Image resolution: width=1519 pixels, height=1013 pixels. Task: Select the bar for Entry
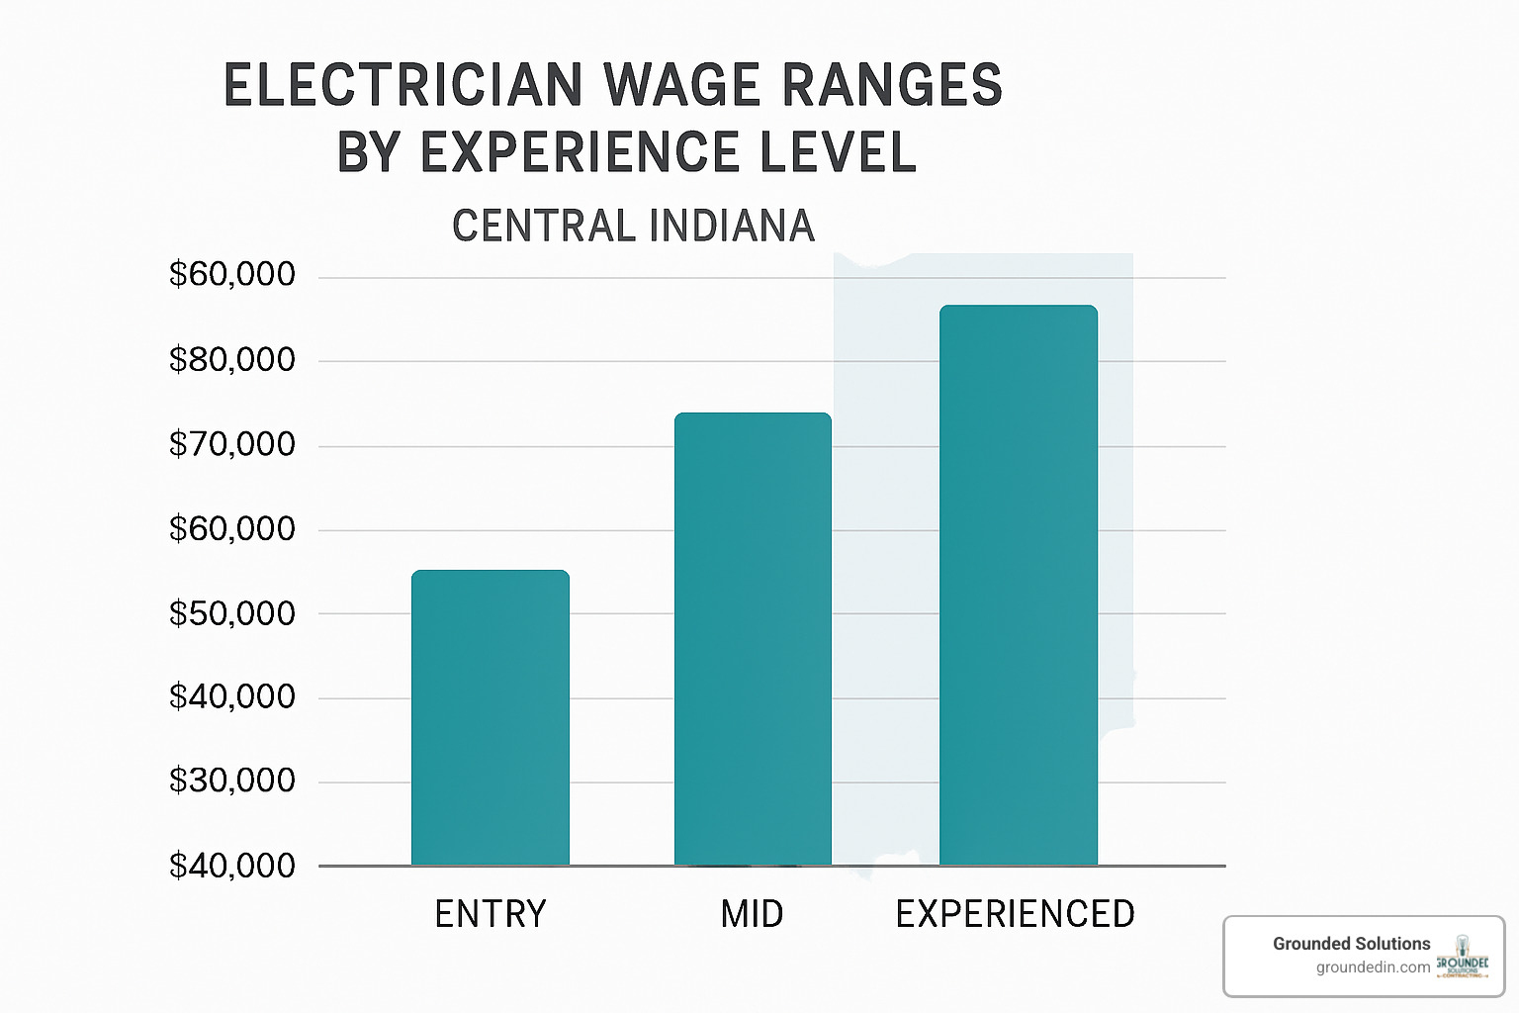(x=490, y=717)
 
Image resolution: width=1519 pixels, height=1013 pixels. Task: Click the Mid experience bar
(x=753, y=638)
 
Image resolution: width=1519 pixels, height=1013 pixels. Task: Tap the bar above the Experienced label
(x=1018, y=585)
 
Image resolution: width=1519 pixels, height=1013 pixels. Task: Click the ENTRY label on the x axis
(x=491, y=914)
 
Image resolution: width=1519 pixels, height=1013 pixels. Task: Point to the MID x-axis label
(x=753, y=914)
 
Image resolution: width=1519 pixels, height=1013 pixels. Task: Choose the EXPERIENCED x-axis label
(x=1016, y=914)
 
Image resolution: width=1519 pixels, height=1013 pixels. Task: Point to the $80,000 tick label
(x=232, y=360)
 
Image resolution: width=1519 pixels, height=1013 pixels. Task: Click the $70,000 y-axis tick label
(x=232, y=445)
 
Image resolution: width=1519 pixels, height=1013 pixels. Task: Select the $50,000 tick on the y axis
(x=232, y=614)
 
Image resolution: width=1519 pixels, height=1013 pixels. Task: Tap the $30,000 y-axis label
(x=232, y=782)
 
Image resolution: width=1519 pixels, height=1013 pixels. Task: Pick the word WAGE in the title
(x=684, y=86)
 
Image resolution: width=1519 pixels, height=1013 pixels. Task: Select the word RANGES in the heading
(x=893, y=86)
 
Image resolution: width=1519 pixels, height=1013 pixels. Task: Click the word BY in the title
(x=368, y=153)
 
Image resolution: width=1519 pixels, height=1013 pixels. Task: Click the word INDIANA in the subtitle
(x=732, y=227)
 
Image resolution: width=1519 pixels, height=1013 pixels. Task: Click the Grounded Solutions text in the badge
(x=1351, y=944)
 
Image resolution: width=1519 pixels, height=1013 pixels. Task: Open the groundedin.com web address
(x=1373, y=967)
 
